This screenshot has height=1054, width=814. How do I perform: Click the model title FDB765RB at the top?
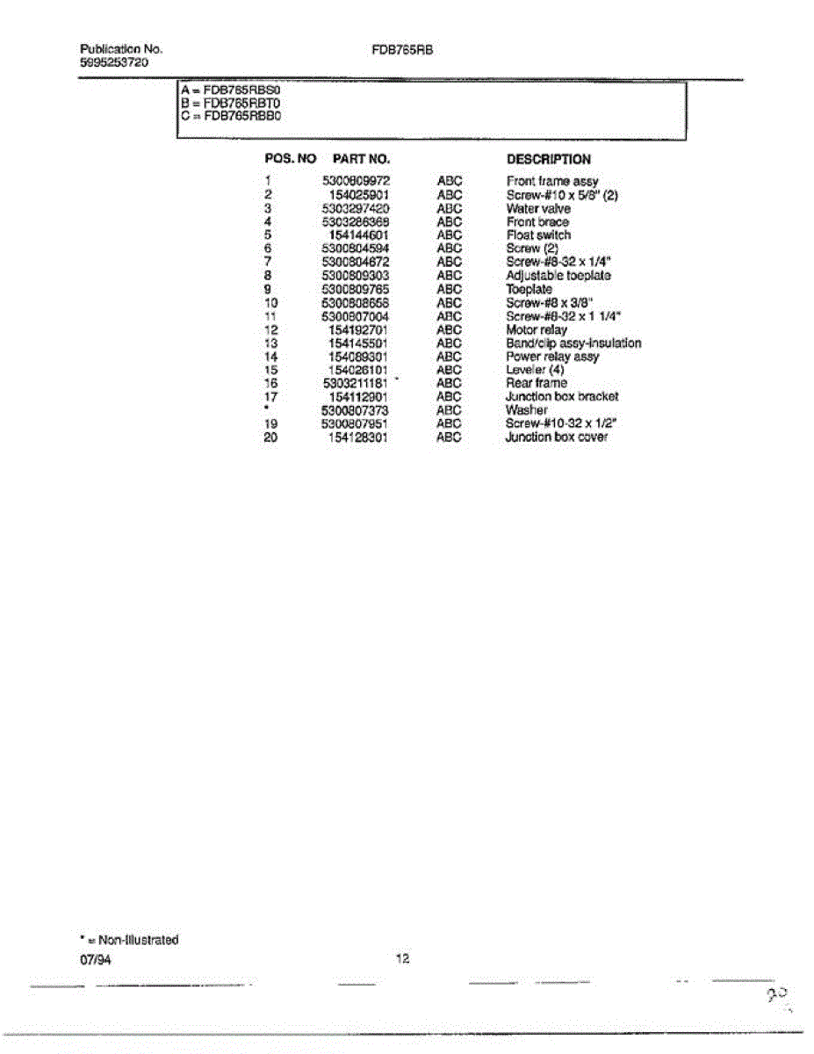pyautogui.click(x=403, y=50)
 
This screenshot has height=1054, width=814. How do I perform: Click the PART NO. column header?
pyautogui.click(x=361, y=159)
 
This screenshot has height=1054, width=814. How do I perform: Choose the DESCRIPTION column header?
pyautogui.click(x=549, y=159)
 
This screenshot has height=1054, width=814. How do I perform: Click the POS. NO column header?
pyautogui.click(x=290, y=159)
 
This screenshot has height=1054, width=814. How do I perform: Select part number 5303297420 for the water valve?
pyautogui.click(x=356, y=209)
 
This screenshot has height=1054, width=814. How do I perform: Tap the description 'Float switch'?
pyautogui.click(x=537, y=235)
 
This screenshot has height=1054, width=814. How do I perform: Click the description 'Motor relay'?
pyautogui.click(x=537, y=329)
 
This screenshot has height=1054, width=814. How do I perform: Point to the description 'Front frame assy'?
pyautogui.click(x=552, y=181)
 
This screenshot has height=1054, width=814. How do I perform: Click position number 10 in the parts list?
pyautogui.click(x=270, y=303)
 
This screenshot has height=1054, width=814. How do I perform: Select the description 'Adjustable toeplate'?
pyautogui.click(x=558, y=276)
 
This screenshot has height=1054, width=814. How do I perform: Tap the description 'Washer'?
pyautogui.click(x=526, y=409)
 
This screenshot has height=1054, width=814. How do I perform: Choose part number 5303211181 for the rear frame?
pyautogui.click(x=356, y=383)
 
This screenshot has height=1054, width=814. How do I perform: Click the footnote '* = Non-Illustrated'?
pyautogui.click(x=129, y=940)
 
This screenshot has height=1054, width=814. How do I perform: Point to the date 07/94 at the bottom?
pyautogui.click(x=96, y=960)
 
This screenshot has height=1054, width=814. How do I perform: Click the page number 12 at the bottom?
pyautogui.click(x=403, y=959)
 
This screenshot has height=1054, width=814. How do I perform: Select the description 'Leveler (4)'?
pyautogui.click(x=535, y=370)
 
